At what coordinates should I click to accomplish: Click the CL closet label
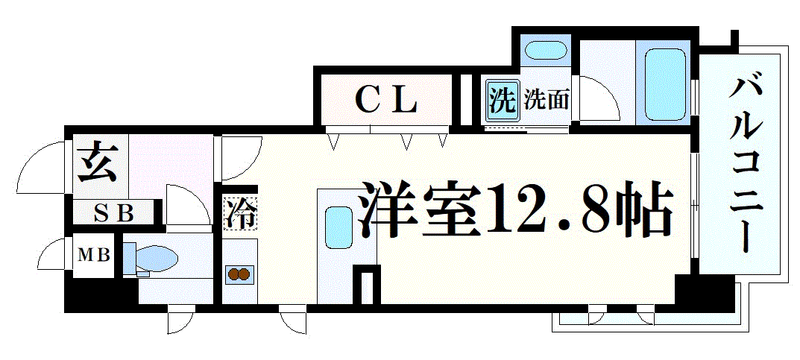click(x=385, y=100)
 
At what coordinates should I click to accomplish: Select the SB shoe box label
click(x=114, y=213)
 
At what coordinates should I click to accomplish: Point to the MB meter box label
click(x=93, y=254)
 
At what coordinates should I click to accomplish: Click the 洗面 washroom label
click(x=547, y=100)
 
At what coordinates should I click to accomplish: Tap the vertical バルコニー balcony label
click(x=745, y=165)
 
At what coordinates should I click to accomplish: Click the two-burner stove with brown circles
click(x=239, y=274)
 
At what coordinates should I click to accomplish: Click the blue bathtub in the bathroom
click(x=664, y=85)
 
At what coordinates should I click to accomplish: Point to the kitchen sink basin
click(x=338, y=228)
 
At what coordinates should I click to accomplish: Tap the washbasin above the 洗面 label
click(x=545, y=52)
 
